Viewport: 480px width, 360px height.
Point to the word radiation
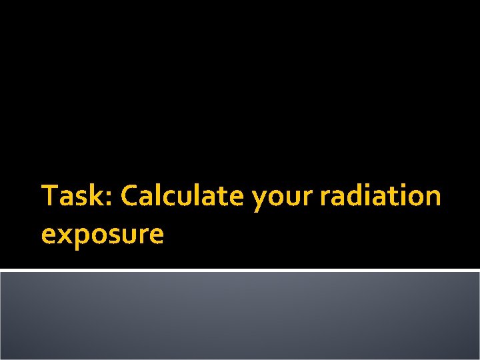click(381, 197)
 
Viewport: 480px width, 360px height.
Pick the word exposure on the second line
click(102, 235)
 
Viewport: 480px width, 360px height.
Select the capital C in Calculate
click(129, 197)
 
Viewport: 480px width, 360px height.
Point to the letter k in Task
click(93, 196)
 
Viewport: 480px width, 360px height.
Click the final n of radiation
click(433, 198)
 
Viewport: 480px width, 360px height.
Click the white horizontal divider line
click(240, 270)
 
